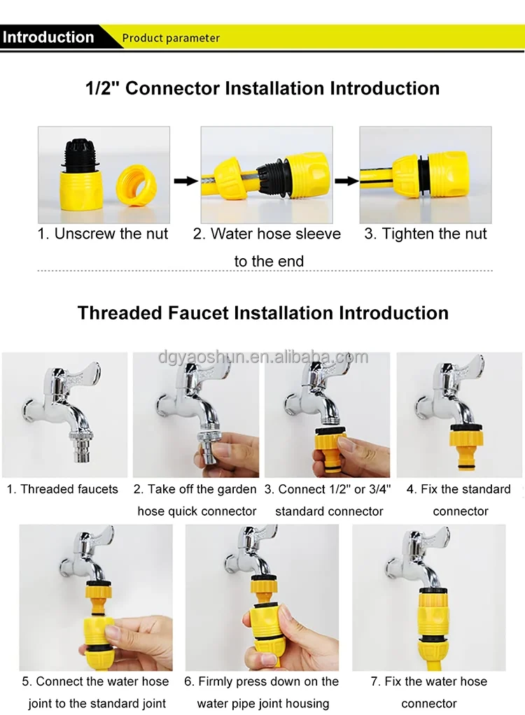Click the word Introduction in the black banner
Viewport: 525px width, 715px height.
(x=48, y=37)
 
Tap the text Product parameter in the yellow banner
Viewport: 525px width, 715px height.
(x=171, y=38)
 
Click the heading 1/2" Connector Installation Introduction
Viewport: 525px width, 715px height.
(x=262, y=88)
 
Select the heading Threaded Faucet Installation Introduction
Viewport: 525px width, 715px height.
(x=262, y=313)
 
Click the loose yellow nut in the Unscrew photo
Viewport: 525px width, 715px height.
(x=136, y=185)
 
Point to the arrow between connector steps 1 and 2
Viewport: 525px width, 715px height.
(x=185, y=181)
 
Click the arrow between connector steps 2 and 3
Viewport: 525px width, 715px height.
(x=346, y=181)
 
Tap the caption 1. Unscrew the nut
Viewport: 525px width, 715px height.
(x=103, y=234)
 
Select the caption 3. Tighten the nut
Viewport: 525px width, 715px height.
(x=425, y=234)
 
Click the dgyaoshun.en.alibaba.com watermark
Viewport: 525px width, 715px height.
(x=263, y=357)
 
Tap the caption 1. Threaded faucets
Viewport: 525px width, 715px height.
(x=62, y=489)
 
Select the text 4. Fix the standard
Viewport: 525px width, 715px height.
(x=458, y=489)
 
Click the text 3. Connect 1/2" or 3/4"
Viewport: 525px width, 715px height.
(x=328, y=489)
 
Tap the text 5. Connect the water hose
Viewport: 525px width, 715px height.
(x=95, y=681)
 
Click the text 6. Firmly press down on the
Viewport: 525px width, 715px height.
(x=261, y=681)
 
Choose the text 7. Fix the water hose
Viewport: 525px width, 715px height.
(x=429, y=681)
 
